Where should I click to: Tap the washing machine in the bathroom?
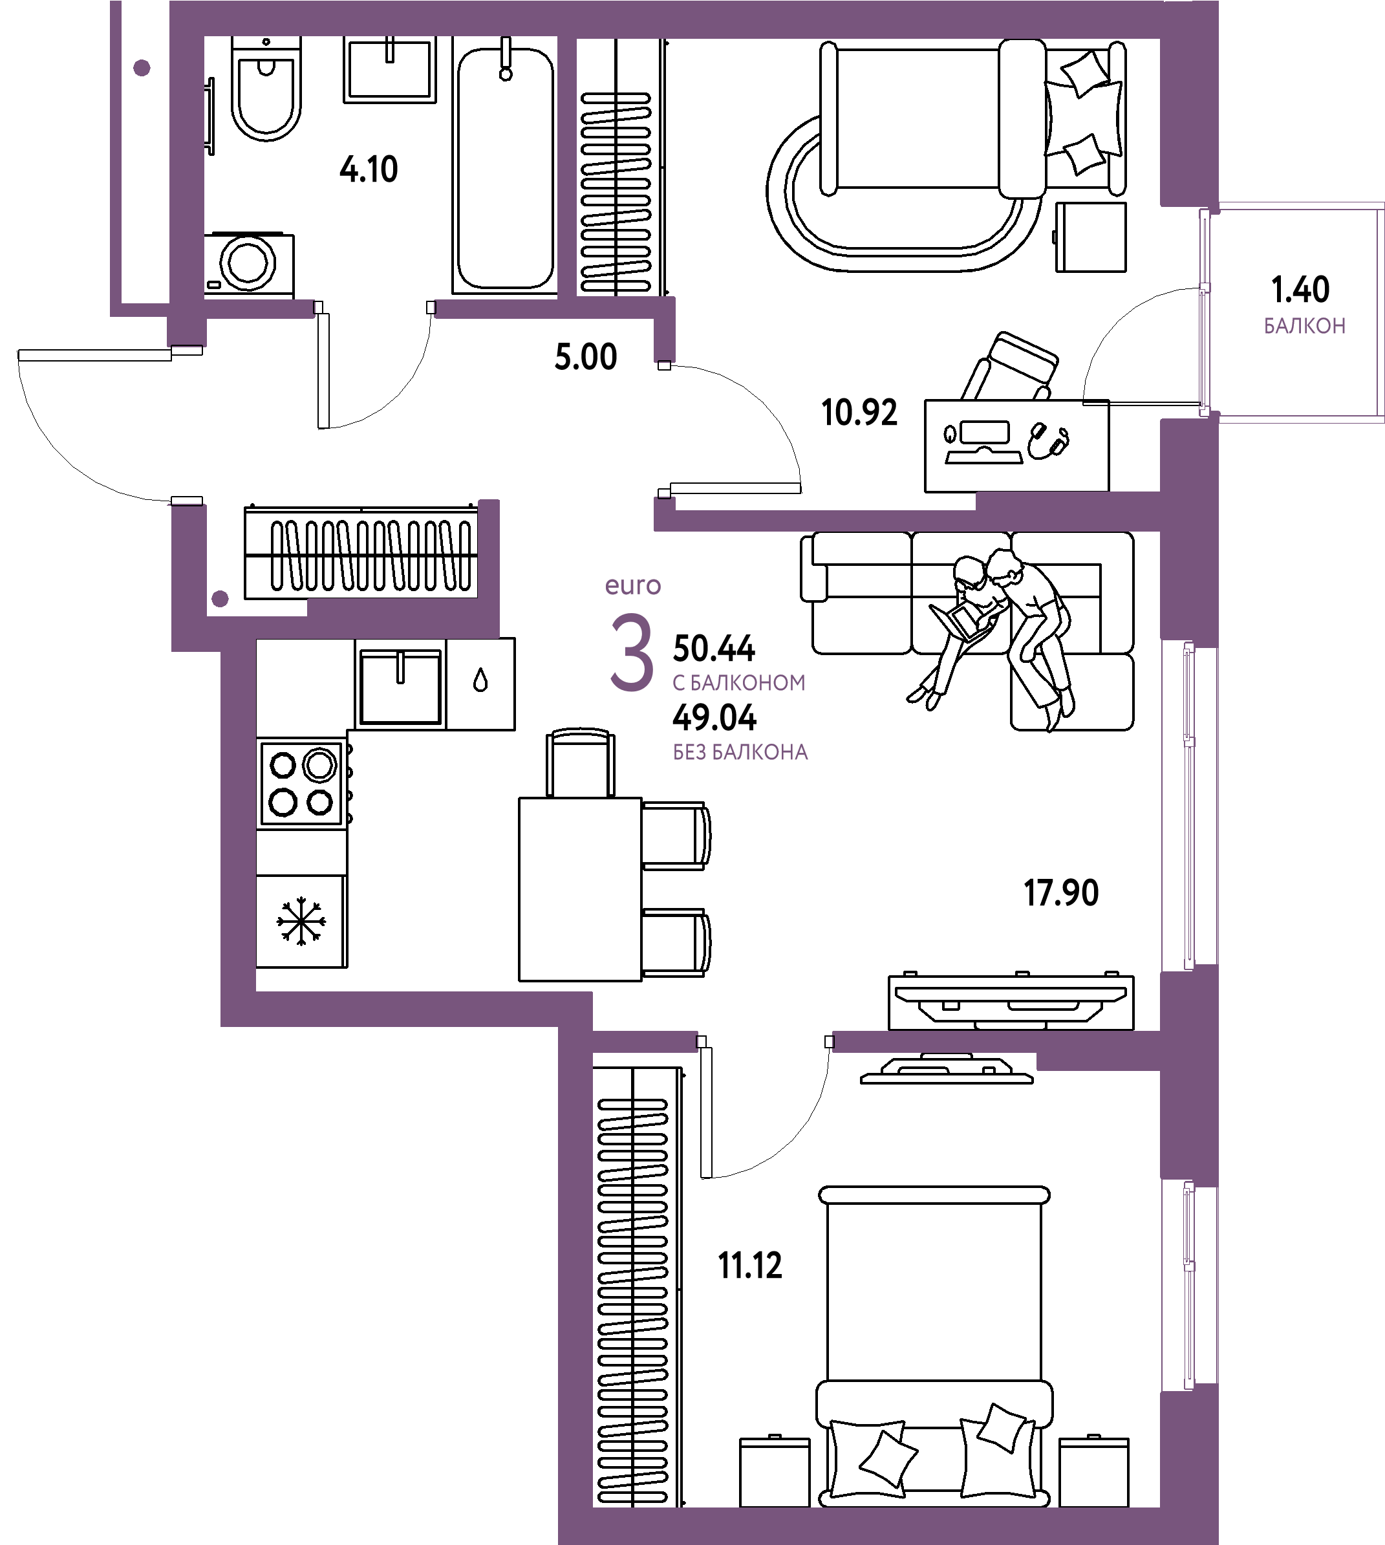248,263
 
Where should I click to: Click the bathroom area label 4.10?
369,169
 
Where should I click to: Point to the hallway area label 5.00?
585,357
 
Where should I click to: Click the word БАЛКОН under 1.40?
1304,327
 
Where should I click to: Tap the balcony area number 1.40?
1300,289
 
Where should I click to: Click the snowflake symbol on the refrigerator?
301,922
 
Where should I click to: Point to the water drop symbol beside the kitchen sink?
480,680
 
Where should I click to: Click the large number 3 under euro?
632,653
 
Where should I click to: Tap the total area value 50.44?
714,649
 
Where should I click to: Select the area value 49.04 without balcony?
714,717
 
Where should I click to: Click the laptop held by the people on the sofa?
961,618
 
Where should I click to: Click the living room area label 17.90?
1061,892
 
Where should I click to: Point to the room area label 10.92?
859,413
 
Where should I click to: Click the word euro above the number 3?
632,585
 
